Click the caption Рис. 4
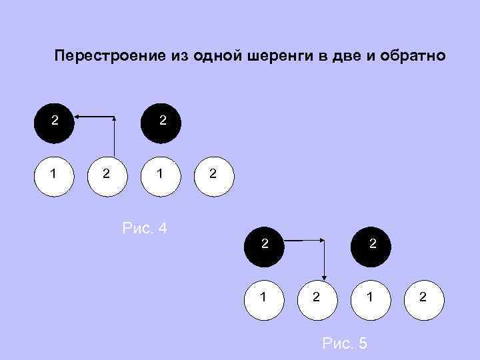[x=145, y=229]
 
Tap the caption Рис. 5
[x=344, y=343]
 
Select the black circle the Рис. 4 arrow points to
[x=55, y=122]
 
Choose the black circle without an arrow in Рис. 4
[x=161, y=122]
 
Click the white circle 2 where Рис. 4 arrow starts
[x=107, y=175]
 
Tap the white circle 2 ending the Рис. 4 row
[x=213, y=175]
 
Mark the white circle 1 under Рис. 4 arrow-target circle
[x=55, y=175]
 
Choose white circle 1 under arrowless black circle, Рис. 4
[x=160, y=175]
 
